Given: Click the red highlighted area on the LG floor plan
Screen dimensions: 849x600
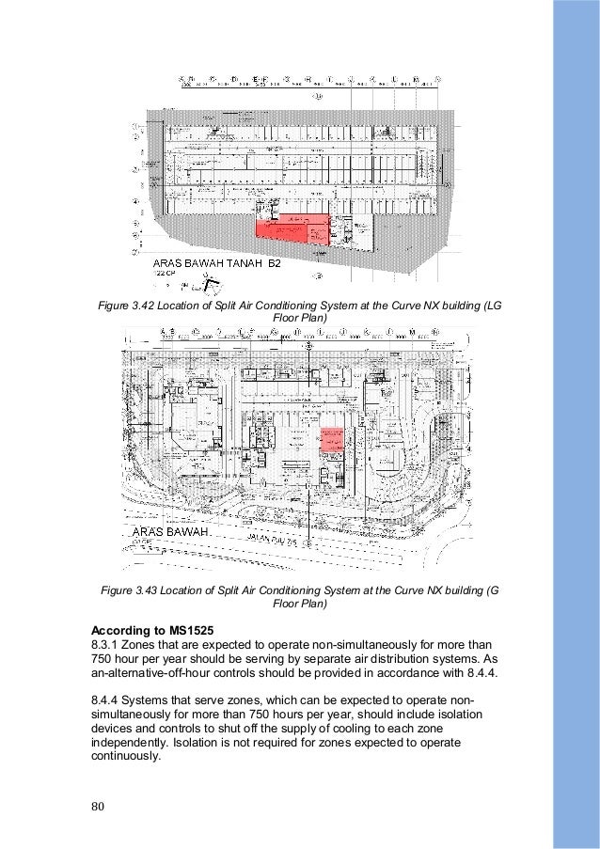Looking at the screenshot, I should click(293, 228).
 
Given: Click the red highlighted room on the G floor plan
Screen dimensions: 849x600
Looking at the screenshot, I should click(329, 440).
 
